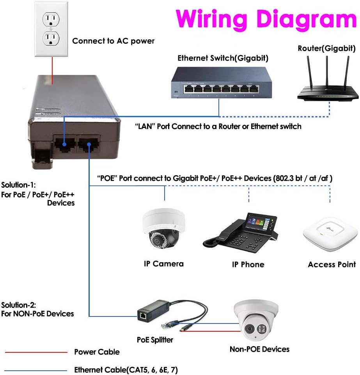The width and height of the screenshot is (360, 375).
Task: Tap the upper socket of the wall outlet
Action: pyautogui.click(x=52, y=18)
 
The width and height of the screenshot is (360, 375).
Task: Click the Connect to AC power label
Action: pyautogui.click(x=113, y=41)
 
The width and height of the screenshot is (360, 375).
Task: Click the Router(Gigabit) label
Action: pyautogui.click(x=326, y=49)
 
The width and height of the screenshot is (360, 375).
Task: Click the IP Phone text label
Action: pyautogui.click(x=248, y=265)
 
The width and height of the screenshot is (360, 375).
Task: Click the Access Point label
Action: pyautogui.click(x=332, y=265)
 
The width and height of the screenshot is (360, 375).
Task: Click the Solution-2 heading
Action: pyautogui.click(x=19, y=305)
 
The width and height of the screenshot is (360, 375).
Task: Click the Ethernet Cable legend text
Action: pyautogui.click(x=128, y=370)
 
